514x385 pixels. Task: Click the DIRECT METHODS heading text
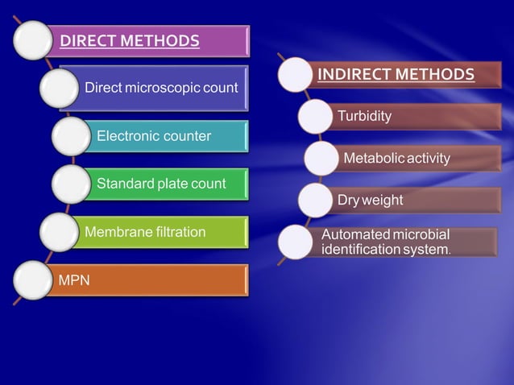[x=130, y=39]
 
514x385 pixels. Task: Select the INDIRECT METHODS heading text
[x=396, y=75]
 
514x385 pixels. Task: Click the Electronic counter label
[x=154, y=135]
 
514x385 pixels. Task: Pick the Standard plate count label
[x=161, y=184]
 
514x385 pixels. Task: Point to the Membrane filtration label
[x=145, y=232]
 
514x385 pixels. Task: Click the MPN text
[x=74, y=280]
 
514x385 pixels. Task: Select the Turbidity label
[x=364, y=116]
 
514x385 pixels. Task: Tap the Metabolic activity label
[x=396, y=158]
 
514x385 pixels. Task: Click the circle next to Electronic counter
[x=72, y=136]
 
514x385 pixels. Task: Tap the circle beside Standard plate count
[x=72, y=184]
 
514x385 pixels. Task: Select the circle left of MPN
[x=33, y=281]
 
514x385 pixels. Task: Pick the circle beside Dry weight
[x=317, y=200]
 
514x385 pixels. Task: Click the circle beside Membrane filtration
[x=59, y=233]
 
